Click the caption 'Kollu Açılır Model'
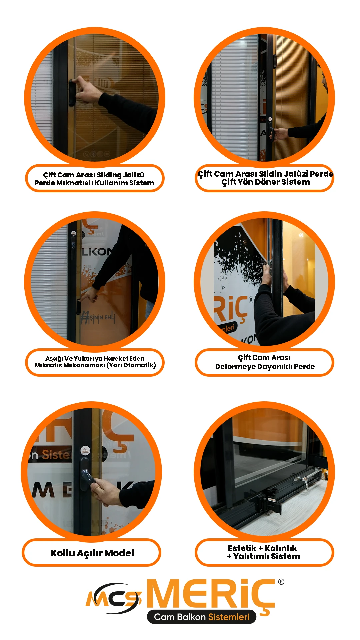(x=92, y=553)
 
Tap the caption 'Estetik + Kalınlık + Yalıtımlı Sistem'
(x=263, y=552)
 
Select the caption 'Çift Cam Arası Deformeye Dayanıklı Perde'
(x=265, y=362)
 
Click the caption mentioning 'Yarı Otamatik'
(x=95, y=362)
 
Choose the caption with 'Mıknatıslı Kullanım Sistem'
(x=94, y=179)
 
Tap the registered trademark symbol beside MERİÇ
(x=281, y=582)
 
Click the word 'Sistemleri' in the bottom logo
(x=229, y=617)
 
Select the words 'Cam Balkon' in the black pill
(x=180, y=617)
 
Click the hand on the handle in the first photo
(x=87, y=90)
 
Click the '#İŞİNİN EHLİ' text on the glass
(x=98, y=317)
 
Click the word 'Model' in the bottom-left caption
(x=119, y=553)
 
